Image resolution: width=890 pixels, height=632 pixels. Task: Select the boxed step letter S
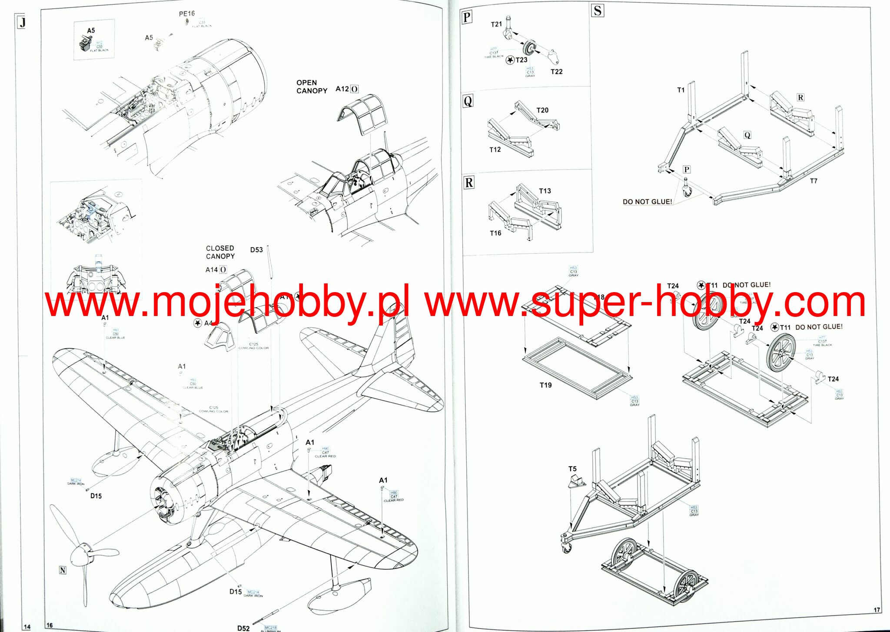[597, 10]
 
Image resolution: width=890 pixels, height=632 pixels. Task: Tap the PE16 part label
[187, 14]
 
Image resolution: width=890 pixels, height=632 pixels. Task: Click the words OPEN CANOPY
[312, 86]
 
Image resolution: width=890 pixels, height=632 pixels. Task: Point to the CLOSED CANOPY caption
[220, 252]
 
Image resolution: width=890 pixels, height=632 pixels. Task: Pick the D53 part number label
[256, 250]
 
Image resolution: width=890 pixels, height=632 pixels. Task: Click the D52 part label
[243, 628]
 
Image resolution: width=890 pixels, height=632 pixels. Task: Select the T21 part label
[496, 25]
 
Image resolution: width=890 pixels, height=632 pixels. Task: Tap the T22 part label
[556, 72]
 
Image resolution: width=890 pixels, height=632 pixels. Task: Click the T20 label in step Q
[542, 110]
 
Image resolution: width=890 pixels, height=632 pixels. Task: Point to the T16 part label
[495, 233]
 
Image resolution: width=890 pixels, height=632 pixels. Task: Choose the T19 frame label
[545, 385]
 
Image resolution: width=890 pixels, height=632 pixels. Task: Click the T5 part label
[572, 469]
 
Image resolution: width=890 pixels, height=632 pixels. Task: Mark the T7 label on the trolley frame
[813, 181]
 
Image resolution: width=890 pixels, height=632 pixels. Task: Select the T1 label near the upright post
[681, 90]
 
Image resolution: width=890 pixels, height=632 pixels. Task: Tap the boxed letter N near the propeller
[63, 570]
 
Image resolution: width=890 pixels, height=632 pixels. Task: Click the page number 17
[877, 610]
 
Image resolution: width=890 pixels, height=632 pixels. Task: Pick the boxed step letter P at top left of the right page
[467, 17]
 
